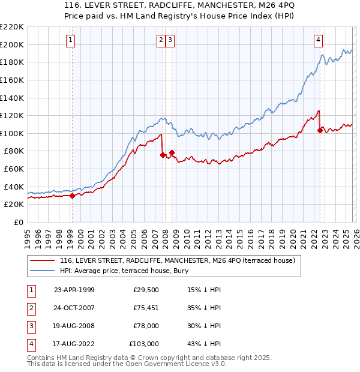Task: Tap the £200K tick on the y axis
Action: (x=13, y=44)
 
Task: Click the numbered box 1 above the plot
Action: (x=71, y=40)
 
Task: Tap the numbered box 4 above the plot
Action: (x=318, y=40)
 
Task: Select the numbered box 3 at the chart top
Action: (x=171, y=40)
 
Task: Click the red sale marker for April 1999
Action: (x=73, y=195)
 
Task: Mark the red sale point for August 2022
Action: (x=320, y=130)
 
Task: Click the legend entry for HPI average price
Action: (x=115, y=271)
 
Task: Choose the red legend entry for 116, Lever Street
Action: (x=177, y=261)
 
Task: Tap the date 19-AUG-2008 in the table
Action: (x=74, y=326)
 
